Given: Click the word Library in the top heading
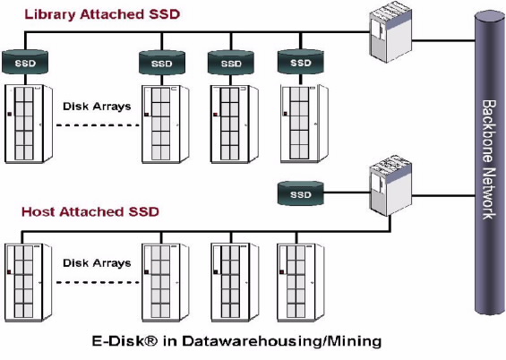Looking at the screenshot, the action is pos(50,14).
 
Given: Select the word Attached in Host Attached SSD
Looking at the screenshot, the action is pos(92,211).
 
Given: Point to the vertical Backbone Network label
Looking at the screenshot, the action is pos(489,159).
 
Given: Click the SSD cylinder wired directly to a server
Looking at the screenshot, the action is pos(300,193).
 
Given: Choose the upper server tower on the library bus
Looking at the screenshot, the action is pos(390,31).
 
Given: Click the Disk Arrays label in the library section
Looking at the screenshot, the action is pos(97,107).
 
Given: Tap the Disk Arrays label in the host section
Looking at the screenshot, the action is pos(97,263).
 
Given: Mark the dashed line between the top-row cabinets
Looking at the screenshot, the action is pos(98,125).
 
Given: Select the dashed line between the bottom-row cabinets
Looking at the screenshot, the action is pos(98,283).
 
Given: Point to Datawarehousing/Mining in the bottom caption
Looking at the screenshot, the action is pos(282,341).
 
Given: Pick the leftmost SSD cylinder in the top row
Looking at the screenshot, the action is pos(25,62).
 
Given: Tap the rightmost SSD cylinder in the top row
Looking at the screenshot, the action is pos(300,62).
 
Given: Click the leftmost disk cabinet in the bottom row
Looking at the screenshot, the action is pos(28,283).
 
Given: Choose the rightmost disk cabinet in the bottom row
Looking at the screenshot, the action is pos(300,283).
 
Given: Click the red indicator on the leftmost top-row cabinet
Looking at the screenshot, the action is pos(9,115).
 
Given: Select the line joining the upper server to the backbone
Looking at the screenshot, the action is pos(443,40).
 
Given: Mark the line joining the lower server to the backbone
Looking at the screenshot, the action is pos(443,195).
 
